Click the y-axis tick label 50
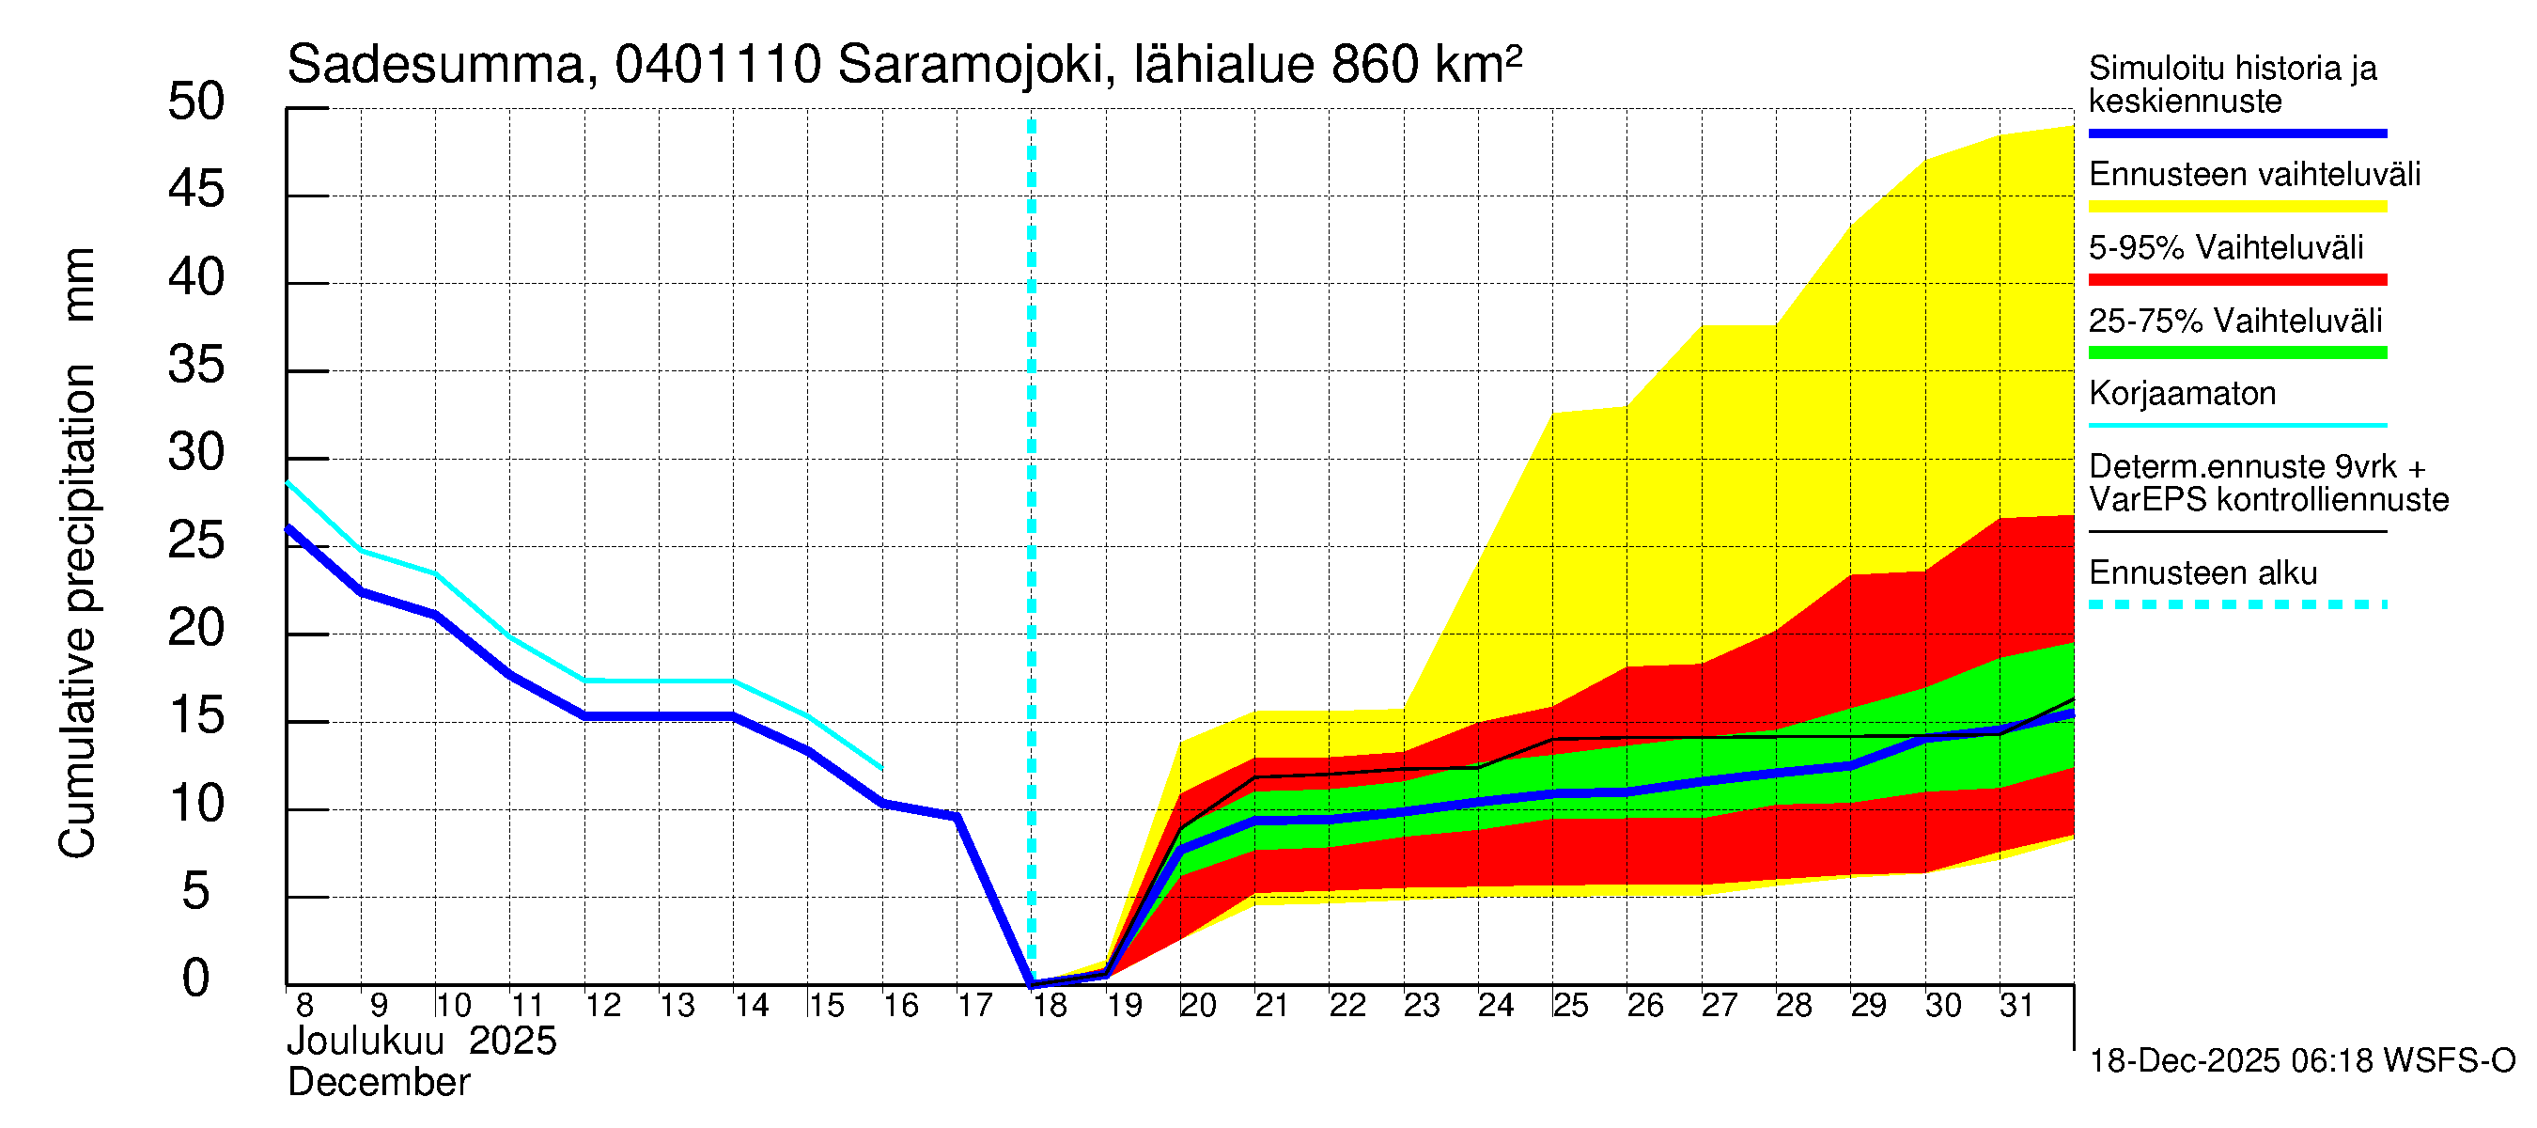pos(196,102)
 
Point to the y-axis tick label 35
pos(196,366)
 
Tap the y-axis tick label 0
pos(196,979)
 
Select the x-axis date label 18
pos(1050,1006)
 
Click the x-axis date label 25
pos(1570,1006)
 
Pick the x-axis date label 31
pos(2016,1006)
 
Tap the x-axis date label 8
pos(304,1006)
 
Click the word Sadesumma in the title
pos(436,65)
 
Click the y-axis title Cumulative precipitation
pos(77,611)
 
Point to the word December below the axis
pos(378,1083)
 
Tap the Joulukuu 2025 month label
pos(422,1042)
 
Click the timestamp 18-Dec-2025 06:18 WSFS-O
pos(2301,1061)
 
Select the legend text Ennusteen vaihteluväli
pos(2254,175)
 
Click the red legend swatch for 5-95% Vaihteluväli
pos(2236,280)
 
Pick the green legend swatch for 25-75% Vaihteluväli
pos(2236,352)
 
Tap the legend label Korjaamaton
pos(2182,394)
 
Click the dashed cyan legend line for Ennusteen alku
pos(2236,604)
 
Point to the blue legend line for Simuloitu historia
pos(2236,133)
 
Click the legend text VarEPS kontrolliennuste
pos(2268,500)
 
